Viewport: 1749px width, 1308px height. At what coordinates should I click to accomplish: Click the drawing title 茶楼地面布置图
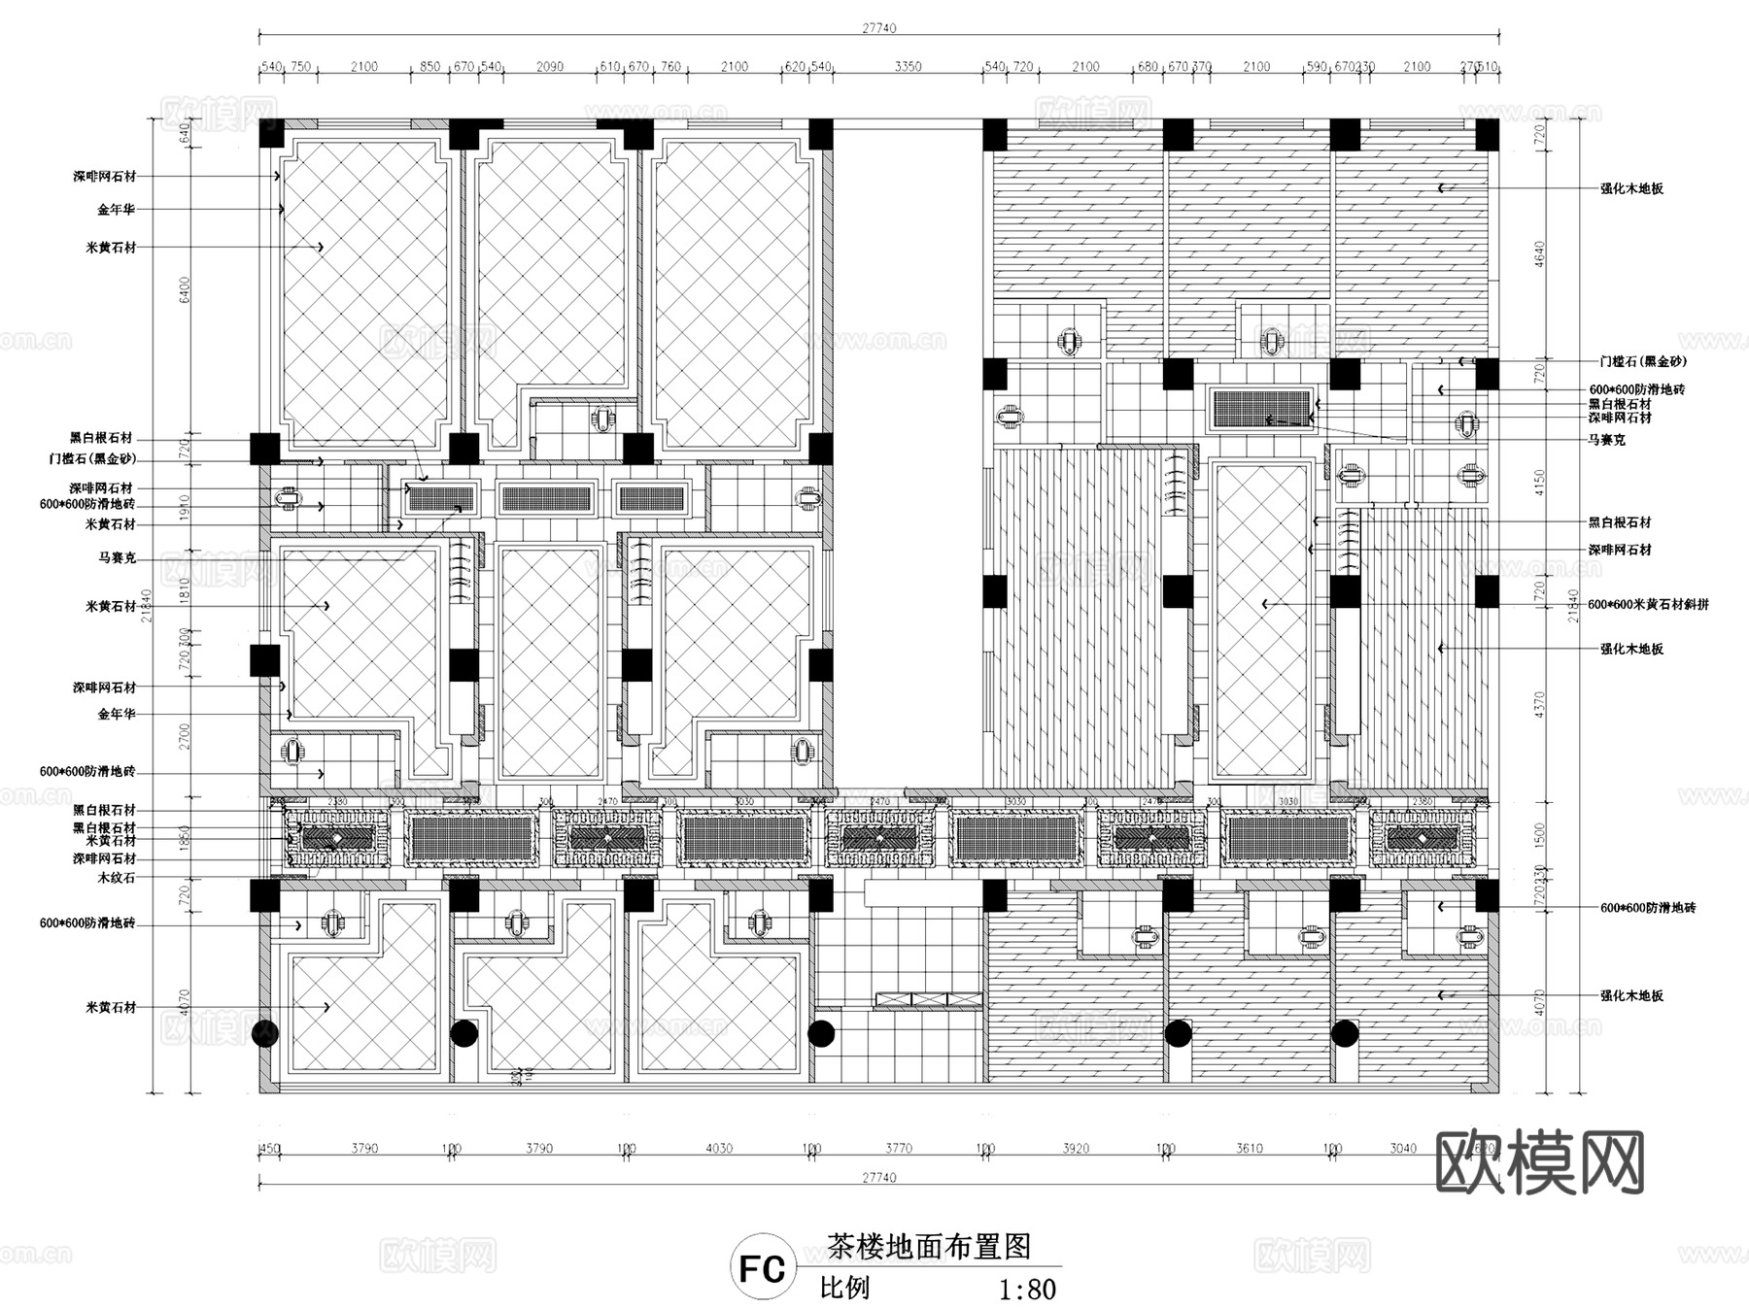928,1246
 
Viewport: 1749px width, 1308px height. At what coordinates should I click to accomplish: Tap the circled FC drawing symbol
762,1269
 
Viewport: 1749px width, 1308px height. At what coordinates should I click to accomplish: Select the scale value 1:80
1027,1290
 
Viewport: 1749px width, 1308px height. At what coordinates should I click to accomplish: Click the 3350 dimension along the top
908,67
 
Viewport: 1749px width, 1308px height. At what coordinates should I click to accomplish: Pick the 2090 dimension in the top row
550,67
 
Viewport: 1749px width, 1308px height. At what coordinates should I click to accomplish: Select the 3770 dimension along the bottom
899,1149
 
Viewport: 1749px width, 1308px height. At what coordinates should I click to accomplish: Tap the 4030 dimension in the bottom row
719,1149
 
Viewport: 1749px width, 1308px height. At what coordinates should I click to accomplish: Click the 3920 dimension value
1076,1149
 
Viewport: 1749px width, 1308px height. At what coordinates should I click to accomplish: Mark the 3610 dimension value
1250,1149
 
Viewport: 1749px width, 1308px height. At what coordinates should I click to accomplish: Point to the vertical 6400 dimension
185,289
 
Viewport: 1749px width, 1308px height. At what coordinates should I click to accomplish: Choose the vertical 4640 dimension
1538,254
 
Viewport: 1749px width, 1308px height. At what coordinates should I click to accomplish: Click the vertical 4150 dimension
1538,482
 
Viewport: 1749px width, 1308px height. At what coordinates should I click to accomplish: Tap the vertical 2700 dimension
185,736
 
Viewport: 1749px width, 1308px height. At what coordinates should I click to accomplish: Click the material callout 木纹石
117,878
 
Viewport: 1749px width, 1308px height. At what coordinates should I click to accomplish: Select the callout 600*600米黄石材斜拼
1648,604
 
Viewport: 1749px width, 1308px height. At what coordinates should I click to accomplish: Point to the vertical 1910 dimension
185,507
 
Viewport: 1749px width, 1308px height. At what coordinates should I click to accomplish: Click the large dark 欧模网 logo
1540,1162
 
